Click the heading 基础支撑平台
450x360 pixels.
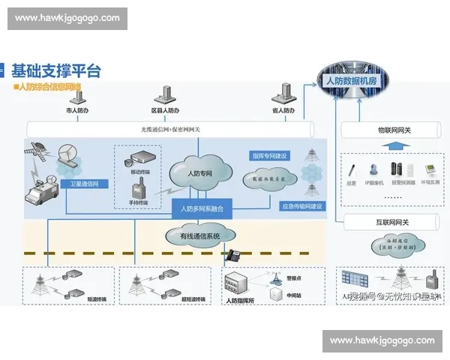[55, 71]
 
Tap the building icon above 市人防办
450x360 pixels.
[77, 95]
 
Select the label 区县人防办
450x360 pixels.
[165, 111]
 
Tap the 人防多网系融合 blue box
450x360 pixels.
[202, 207]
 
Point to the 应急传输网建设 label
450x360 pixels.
[301, 205]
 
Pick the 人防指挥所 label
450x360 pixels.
[239, 301]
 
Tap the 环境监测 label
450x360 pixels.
[431, 182]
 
